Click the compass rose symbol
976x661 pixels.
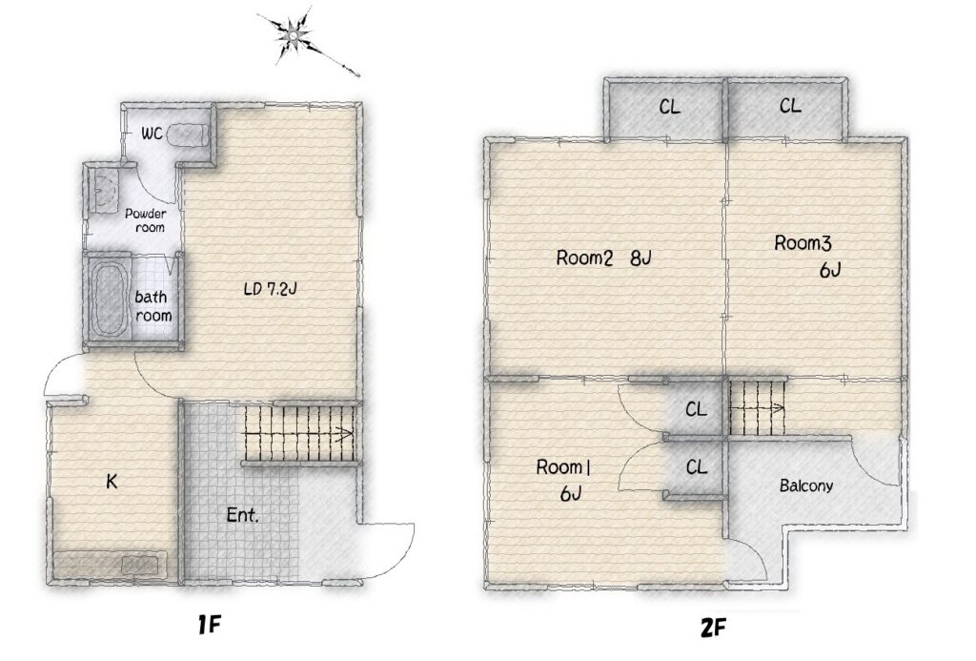pos(292,36)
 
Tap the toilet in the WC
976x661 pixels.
pos(188,134)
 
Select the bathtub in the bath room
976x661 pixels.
pos(110,299)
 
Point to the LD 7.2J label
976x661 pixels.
pos(269,289)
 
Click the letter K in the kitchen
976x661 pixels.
pos(112,481)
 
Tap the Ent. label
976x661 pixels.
pos(242,515)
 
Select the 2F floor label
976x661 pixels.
pos(713,628)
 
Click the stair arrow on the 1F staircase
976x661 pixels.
pos(298,434)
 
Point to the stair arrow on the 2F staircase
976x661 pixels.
pos(757,408)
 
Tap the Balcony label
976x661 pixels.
pos(806,485)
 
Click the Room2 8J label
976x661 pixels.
pos(603,258)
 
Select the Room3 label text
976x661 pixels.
pos(803,242)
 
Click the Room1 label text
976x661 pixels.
pos(562,466)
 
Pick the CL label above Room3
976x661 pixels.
pos(790,107)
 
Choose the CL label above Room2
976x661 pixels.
pos(670,108)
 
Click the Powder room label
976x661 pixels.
pos(147,220)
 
